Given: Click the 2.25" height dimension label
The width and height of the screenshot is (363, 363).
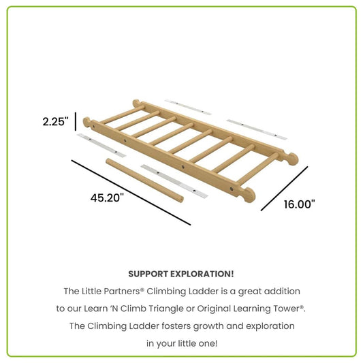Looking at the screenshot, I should [x=55, y=122].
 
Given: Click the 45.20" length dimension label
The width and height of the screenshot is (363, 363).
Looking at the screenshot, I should [x=107, y=198].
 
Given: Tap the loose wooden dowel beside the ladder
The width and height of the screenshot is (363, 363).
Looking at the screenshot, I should [x=144, y=179].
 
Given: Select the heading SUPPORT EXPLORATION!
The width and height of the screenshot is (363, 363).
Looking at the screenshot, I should [x=181, y=274].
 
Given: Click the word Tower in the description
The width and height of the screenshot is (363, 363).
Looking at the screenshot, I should [x=288, y=309].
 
